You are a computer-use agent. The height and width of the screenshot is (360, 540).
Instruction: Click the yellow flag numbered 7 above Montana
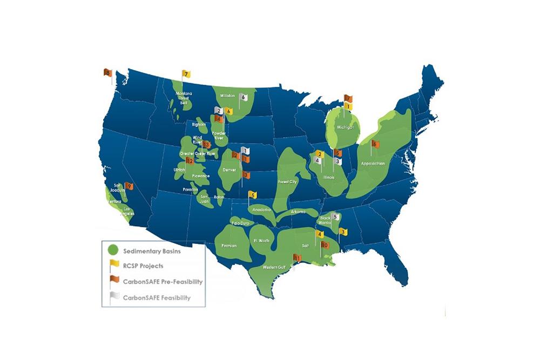tap(186, 73)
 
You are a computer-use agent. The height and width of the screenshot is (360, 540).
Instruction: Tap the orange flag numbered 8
tap(108, 73)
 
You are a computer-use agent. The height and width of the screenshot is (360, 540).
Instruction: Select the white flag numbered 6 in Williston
tap(244, 97)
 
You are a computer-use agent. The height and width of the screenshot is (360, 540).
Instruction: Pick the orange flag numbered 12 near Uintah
tap(190, 161)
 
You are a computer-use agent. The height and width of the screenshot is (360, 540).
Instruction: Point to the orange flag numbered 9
tap(130, 186)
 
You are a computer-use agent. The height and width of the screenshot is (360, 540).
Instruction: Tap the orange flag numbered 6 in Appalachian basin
tap(374, 144)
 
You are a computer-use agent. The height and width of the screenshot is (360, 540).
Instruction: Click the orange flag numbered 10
tap(324, 244)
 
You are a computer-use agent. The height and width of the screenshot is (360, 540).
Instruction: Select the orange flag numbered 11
tap(296, 258)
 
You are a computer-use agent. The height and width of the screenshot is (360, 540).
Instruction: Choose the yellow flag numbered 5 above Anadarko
tap(252, 195)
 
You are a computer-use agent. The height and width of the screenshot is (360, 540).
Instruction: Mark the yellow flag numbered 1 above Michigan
tap(348, 107)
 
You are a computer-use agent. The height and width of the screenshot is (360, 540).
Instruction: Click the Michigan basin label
tap(346, 127)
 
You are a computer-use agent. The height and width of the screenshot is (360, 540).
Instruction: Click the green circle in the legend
tap(113, 252)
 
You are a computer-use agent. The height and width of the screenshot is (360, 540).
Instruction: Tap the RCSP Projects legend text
tap(143, 266)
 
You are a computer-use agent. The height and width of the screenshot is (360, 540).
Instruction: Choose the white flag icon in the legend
tap(114, 295)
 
